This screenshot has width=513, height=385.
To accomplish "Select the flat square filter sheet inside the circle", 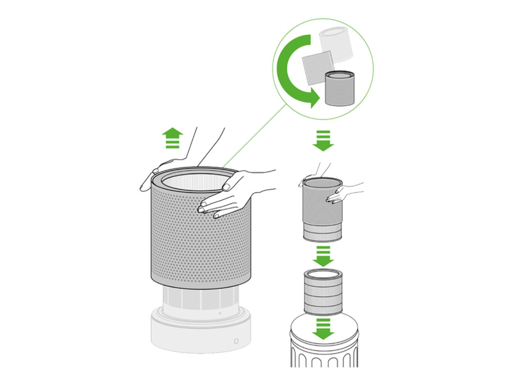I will point(317,67).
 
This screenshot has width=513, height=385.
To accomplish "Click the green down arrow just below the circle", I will point(323,140).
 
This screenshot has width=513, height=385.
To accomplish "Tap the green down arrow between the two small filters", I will point(323,256).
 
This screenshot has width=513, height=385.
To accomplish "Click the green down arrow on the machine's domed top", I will point(323,328).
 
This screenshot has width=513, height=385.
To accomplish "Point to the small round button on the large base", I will point(236,342).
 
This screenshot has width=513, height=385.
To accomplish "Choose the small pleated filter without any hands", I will point(323,292).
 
